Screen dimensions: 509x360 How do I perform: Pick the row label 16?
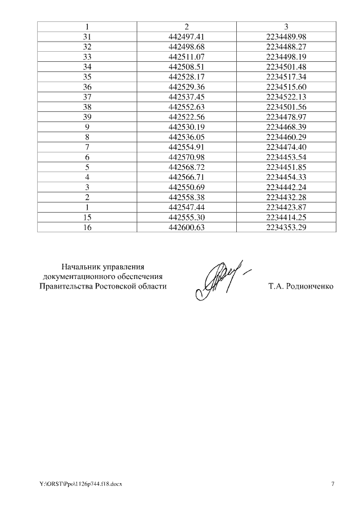click(87, 227)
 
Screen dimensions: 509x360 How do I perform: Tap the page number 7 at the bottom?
click(332, 484)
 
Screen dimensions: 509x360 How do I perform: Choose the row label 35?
click(87, 76)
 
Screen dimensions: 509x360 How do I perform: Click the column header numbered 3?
click(286, 26)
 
